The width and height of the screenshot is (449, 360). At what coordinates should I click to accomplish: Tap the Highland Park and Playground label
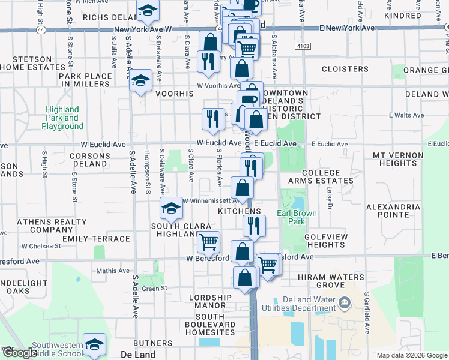coord(62,118)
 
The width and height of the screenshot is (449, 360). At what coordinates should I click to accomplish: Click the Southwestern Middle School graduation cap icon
coord(95,345)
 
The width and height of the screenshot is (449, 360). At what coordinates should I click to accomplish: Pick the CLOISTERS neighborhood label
coord(345,69)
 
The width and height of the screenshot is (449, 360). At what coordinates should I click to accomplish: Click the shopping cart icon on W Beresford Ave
coord(208,242)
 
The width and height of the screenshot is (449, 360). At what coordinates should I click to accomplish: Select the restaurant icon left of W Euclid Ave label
coord(212,119)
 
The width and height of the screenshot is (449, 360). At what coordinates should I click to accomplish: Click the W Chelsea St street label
coord(41,246)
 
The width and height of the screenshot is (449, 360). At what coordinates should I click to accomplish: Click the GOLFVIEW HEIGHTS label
coord(325,241)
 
